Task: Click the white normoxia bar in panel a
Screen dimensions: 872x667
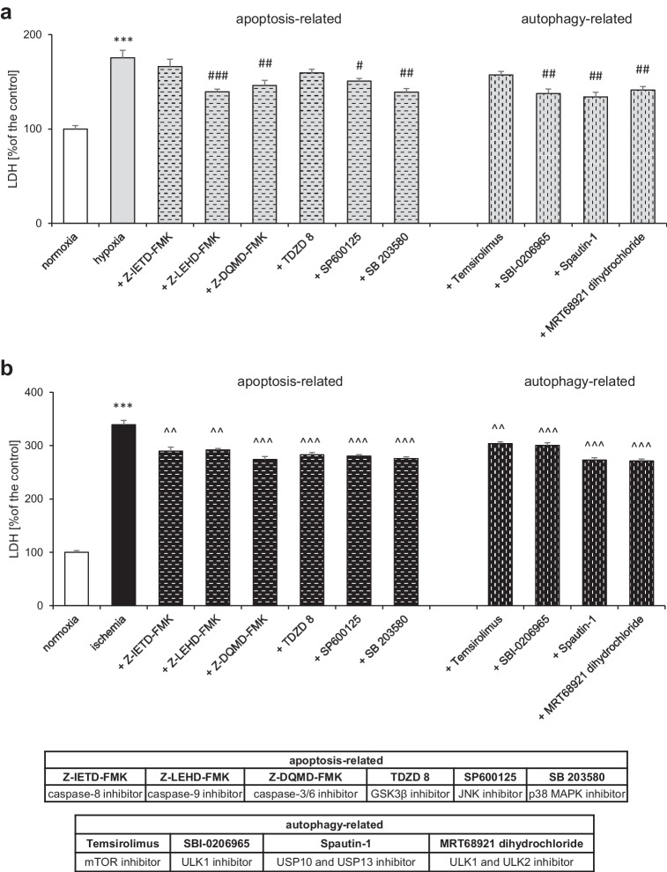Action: coord(75,176)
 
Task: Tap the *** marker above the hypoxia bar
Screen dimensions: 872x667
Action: coord(122,41)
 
